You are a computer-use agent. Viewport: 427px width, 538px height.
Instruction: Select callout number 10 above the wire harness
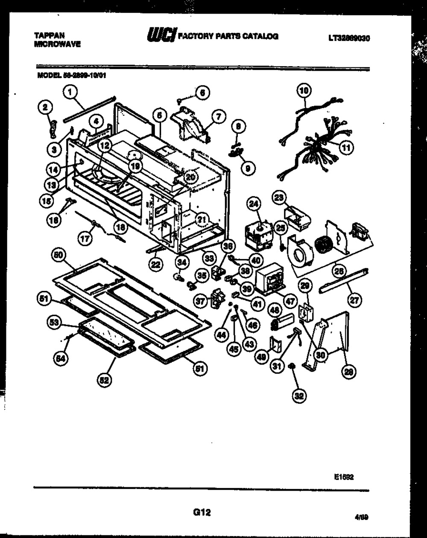point(304,90)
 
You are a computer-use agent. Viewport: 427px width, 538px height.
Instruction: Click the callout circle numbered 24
point(254,205)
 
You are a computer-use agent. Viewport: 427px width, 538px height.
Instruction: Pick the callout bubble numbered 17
point(85,239)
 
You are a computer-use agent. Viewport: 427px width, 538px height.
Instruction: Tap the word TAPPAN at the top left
point(46,37)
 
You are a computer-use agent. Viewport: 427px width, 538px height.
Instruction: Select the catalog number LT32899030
point(348,38)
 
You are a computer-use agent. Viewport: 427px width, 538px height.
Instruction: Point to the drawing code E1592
point(344,478)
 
